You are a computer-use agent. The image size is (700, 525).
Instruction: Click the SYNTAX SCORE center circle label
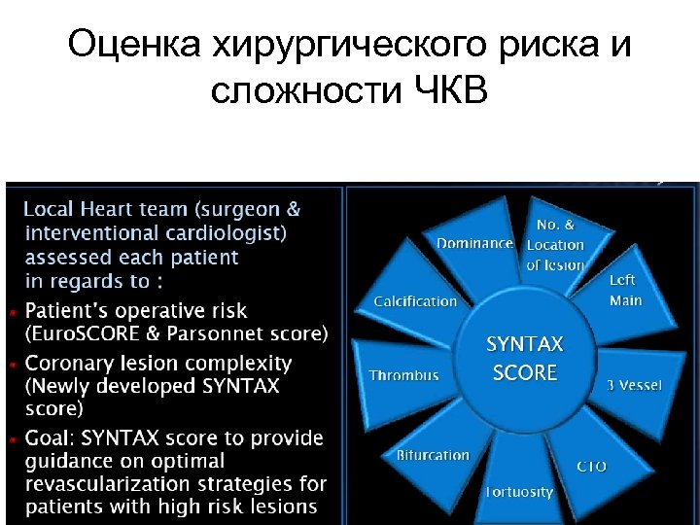[525, 358]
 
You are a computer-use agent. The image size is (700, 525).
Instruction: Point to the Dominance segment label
[474, 243]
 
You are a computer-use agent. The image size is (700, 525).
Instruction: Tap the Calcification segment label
[415, 301]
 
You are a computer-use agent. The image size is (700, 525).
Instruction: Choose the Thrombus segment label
[403, 375]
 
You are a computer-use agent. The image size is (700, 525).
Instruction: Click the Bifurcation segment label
[433, 455]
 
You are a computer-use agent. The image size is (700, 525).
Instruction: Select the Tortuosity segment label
[520, 491]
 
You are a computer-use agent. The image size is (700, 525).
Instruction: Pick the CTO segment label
[591, 467]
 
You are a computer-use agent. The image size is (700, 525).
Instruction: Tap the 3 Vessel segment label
[634, 385]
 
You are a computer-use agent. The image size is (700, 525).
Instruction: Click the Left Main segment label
[624, 291]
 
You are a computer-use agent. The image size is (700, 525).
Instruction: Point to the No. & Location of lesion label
[555, 245]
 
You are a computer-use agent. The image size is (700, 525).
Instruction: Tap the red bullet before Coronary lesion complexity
[12, 365]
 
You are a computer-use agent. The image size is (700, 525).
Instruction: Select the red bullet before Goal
[12, 439]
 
